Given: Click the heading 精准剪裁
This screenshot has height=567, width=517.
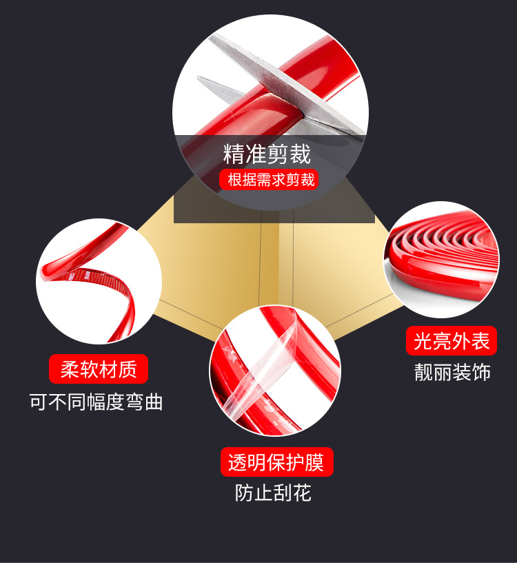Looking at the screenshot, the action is pos(267,154).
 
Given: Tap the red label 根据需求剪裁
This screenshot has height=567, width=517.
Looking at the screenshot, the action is pos(270,181).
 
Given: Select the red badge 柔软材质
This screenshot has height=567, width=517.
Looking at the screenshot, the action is pos(99,369).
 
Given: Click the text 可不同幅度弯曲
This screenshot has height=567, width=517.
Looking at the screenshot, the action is pos(97,402).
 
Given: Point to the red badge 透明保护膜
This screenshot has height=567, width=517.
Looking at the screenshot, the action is pos(276,462).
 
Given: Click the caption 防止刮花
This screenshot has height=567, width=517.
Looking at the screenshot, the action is pos(273,493).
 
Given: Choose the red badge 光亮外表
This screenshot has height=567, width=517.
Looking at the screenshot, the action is pos(452,340).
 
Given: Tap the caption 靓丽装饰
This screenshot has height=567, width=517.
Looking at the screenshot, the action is pos(452,373).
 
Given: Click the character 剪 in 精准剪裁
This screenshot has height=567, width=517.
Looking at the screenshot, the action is pos(278,154).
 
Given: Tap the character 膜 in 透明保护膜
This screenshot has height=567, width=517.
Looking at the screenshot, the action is pos(315,462).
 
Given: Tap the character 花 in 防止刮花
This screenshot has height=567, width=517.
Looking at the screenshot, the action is pos(302,493).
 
